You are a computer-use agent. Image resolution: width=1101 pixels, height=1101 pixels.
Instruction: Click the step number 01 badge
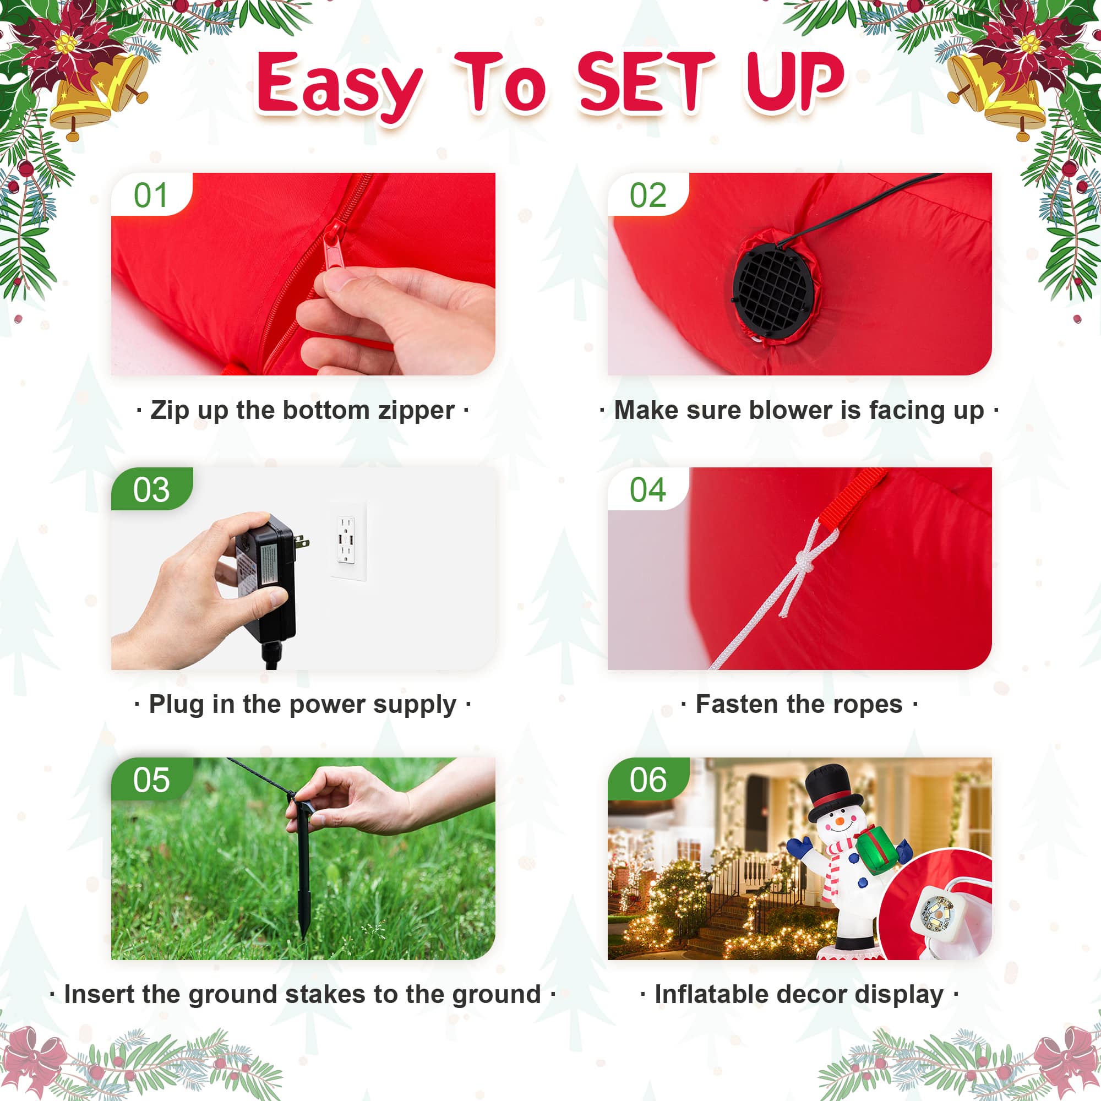coord(151,194)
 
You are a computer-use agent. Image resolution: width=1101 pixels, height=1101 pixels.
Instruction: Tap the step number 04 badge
coord(648,489)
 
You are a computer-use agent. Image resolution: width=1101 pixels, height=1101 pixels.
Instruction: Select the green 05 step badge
coord(151,780)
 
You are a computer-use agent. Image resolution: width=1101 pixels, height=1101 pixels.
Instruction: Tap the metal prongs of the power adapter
coord(302,543)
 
